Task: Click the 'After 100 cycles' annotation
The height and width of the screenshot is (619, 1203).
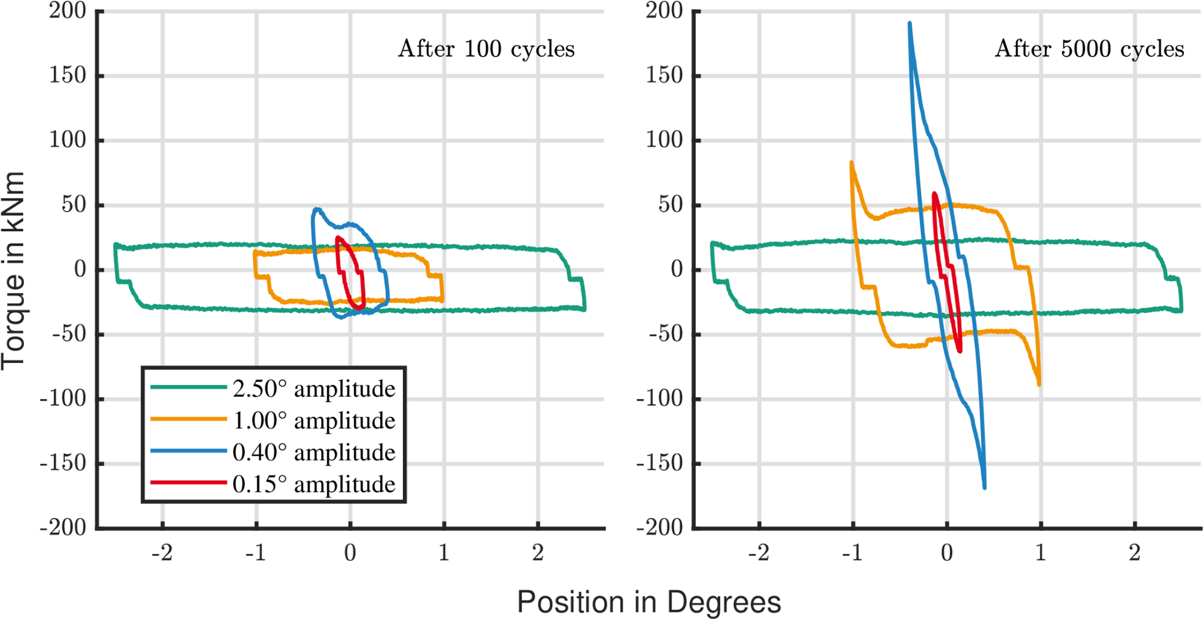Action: [486, 49]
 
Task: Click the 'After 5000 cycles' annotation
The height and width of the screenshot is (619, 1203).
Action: [1089, 49]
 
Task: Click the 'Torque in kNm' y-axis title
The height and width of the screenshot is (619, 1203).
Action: [13, 271]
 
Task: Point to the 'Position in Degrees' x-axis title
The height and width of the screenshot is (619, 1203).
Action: [649, 602]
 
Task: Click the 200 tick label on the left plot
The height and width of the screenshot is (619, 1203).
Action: [67, 10]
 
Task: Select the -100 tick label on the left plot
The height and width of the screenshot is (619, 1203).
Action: [63, 399]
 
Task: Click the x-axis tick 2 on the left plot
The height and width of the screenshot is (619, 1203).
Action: [538, 553]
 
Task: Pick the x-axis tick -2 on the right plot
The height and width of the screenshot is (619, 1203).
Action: [758, 553]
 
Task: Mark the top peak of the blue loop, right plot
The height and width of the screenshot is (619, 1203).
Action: [910, 24]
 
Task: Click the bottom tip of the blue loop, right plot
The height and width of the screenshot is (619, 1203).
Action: [984, 487]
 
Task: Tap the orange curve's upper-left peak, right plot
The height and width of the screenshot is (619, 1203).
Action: [851, 163]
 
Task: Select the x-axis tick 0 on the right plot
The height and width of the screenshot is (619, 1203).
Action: [947, 553]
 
